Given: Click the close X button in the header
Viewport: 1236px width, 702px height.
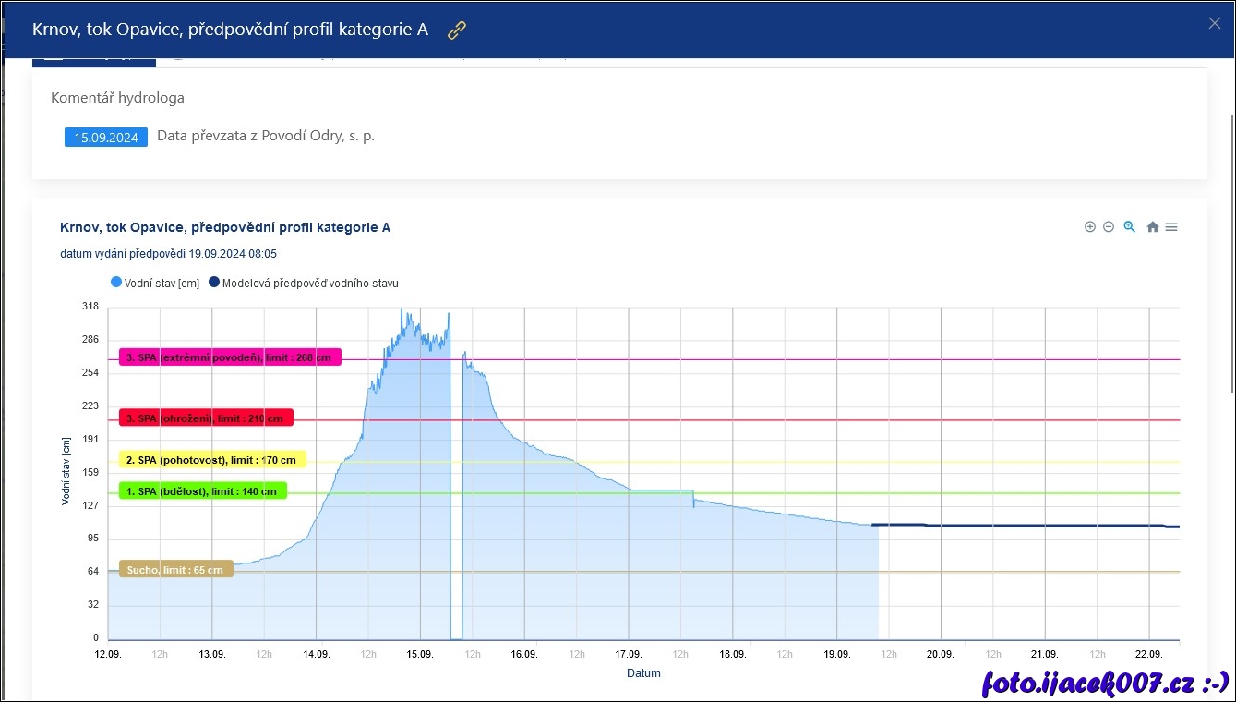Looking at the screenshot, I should tap(1214, 23).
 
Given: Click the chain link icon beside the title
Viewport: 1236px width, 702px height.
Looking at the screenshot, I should tap(457, 30).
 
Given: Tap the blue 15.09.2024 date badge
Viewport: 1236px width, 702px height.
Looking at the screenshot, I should tap(106, 138).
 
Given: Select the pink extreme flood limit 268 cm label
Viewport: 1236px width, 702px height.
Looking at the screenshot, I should tap(230, 357).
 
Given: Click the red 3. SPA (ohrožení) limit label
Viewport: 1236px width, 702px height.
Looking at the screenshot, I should tap(206, 418).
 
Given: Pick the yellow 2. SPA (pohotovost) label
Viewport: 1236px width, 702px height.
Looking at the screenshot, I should tap(212, 459).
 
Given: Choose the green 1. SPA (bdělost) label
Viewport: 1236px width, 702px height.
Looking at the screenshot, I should tap(203, 491).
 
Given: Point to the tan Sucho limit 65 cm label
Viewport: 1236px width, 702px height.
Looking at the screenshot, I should tap(175, 569).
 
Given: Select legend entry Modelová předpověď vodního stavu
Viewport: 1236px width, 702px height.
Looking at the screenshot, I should tap(304, 283).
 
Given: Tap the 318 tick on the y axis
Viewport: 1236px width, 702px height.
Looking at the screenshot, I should tap(90, 308).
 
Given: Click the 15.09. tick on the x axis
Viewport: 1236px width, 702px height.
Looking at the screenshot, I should tap(420, 654).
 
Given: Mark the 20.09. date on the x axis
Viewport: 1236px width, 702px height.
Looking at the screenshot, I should tap(941, 654).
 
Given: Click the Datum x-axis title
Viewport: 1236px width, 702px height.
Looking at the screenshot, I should tap(643, 673).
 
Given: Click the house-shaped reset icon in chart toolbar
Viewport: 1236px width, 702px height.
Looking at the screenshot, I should tap(1152, 227).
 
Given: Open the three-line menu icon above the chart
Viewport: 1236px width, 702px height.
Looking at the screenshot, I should tap(1171, 227).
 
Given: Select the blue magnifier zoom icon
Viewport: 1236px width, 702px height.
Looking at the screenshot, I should tap(1129, 227).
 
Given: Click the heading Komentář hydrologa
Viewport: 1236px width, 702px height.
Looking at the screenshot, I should tap(117, 98).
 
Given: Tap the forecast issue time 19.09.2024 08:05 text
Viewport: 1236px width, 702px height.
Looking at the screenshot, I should tap(168, 254).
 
